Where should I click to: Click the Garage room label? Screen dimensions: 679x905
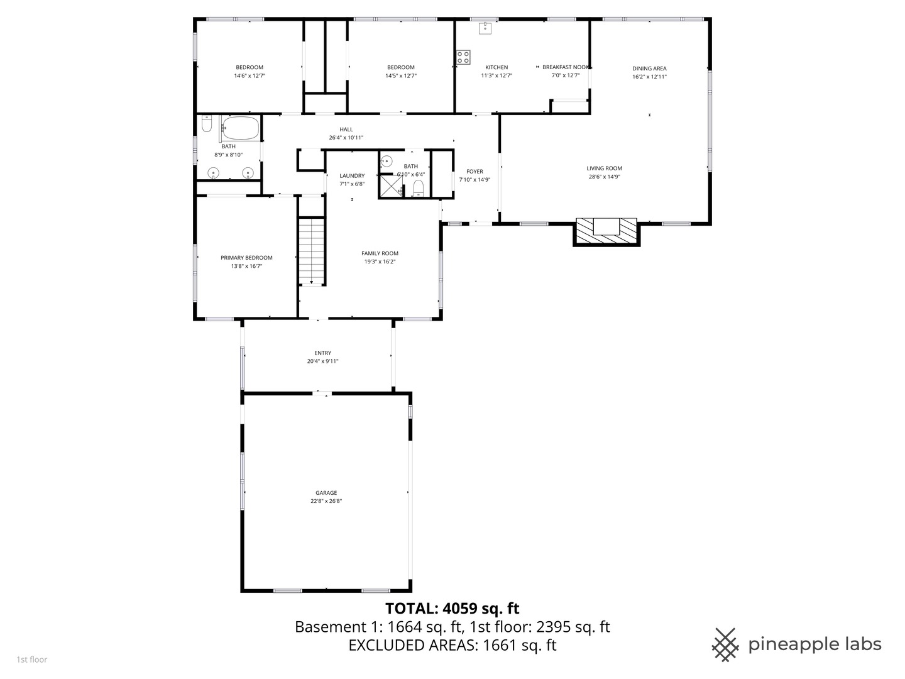pos(326,493)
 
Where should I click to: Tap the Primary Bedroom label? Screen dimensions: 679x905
pos(246,258)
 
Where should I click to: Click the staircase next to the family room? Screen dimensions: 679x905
pos(312,251)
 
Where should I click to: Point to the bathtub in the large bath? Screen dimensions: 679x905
pos(240,129)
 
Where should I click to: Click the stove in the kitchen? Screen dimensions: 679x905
pos(463,57)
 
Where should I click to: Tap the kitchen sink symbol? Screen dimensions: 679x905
pos(485,28)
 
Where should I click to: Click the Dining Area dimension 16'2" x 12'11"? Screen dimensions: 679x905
pos(649,77)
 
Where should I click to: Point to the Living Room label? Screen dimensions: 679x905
pos(604,168)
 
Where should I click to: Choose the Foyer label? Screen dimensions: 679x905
pos(474,172)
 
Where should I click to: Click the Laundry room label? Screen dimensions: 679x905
pos(352,176)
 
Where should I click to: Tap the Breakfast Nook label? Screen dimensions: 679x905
pos(566,67)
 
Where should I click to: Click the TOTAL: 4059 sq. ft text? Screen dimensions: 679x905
pos(452,608)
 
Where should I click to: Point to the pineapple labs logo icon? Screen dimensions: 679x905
pos(725,644)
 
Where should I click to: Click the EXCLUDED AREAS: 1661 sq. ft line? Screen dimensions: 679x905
pos(452,645)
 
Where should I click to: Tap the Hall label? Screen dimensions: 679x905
pos(346,130)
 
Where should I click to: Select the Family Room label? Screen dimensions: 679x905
pos(380,253)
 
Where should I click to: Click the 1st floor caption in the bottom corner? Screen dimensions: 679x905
pos(31,660)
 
